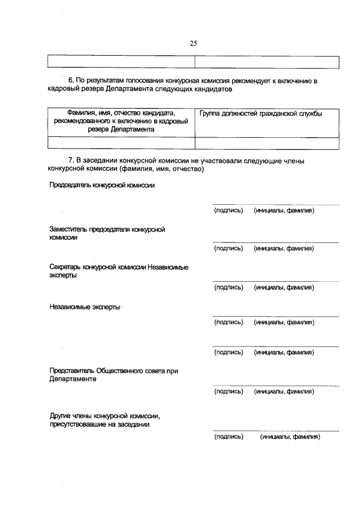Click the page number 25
[x=193, y=43]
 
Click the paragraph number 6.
[x=70, y=81]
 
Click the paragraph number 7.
[x=70, y=161]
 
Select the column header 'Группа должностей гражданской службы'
[x=260, y=114]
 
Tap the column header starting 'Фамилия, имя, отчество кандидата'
[x=121, y=121]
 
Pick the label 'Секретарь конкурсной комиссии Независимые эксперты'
[x=119, y=271]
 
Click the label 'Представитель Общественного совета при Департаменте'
[x=114, y=375]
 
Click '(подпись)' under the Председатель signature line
[x=228, y=210]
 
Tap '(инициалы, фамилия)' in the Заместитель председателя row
[x=283, y=248]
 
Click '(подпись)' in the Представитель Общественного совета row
[x=228, y=391]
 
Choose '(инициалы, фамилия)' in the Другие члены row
[x=290, y=436]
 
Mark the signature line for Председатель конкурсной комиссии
[x=275, y=205]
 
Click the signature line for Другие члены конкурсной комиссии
[x=275, y=431]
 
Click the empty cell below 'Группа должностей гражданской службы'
[x=267, y=143]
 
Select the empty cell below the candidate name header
[x=121, y=143]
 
